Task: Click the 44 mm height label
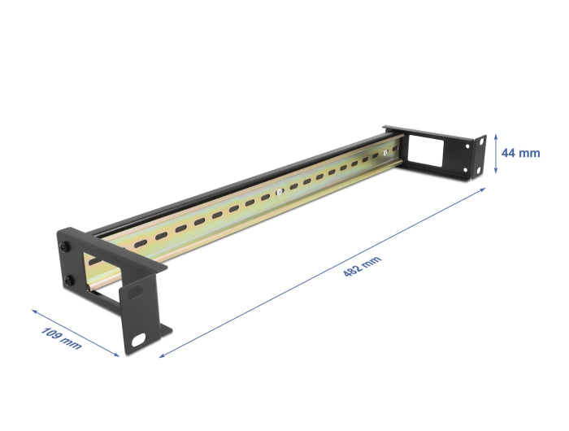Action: pos(521,153)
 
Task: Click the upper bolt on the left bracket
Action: pos(63,246)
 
